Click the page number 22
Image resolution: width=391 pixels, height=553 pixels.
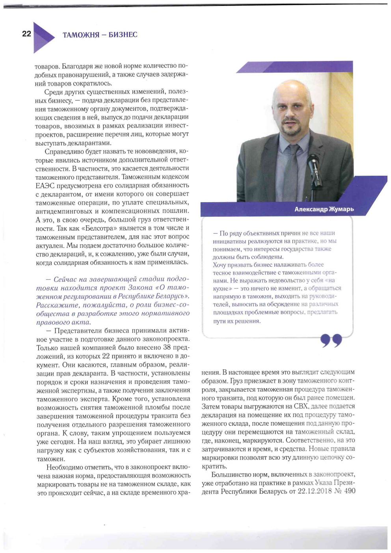tap(26, 34)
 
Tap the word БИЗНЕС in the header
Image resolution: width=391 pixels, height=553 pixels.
tap(123, 35)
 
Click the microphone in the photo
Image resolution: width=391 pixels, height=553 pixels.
tap(314, 166)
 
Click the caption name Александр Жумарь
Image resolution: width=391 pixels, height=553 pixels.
tap(324, 209)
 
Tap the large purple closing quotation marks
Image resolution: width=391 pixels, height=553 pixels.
tap(331, 340)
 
